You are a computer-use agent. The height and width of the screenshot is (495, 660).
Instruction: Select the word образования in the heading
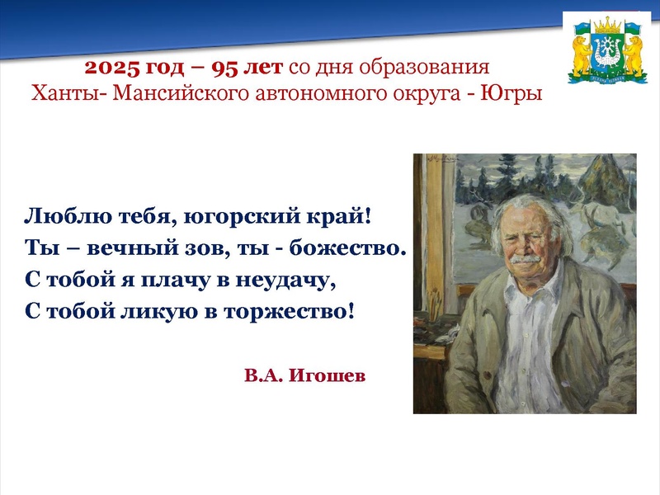click(436, 67)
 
